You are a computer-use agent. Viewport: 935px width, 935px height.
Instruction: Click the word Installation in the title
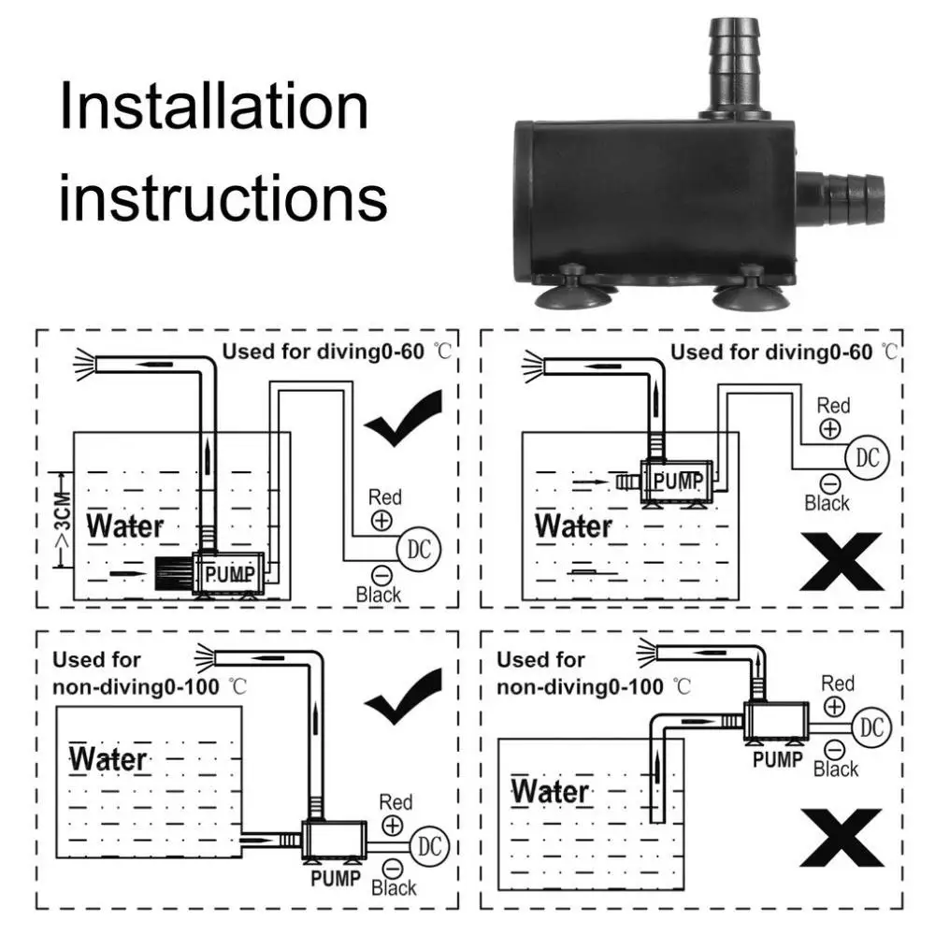click(x=214, y=107)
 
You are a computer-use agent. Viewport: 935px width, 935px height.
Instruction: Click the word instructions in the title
click(x=223, y=197)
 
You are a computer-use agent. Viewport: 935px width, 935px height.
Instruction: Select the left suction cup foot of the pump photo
click(x=575, y=291)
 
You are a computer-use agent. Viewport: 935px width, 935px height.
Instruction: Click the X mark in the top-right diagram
click(x=840, y=567)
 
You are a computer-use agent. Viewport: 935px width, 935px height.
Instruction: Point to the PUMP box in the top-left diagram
click(x=228, y=572)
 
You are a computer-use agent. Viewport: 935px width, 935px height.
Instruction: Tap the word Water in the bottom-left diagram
click(x=108, y=759)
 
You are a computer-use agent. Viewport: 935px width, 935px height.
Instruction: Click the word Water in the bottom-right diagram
click(x=550, y=791)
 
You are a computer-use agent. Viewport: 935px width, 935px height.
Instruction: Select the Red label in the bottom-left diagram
click(x=396, y=802)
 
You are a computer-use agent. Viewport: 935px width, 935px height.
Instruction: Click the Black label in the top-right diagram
click(x=827, y=503)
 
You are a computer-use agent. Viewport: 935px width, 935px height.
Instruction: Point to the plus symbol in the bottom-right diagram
click(x=834, y=707)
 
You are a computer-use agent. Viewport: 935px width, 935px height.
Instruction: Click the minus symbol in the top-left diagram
click(x=381, y=574)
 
